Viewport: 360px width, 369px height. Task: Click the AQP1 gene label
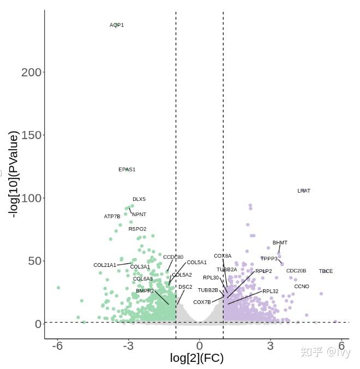(x=117, y=25)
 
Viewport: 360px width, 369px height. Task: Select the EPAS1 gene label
(x=127, y=170)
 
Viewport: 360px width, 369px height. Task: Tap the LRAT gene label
(x=304, y=191)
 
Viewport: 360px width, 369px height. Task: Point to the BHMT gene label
(x=280, y=243)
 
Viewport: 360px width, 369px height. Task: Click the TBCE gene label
(x=326, y=271)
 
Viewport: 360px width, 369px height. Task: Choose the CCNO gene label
(x=302, y=287)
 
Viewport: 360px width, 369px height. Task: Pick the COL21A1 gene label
(x=105, y=265)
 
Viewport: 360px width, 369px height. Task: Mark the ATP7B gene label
(x=112, y=217)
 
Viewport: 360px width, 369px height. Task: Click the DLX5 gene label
(x=139, y=199)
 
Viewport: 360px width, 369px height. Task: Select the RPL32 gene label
(x=271, y=291)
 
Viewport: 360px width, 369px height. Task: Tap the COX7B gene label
(x=202, y=302)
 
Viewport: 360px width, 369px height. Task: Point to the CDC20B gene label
(x=296, y=271)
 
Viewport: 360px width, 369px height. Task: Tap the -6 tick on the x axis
(x=58, y=346)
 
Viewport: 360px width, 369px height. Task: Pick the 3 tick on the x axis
(x=271, y=346)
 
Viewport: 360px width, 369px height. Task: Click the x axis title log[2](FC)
(x=197, y=359)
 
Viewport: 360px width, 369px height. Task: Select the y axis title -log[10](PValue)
(x=14, y=174)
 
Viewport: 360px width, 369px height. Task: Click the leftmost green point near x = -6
(x=58, y=288)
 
